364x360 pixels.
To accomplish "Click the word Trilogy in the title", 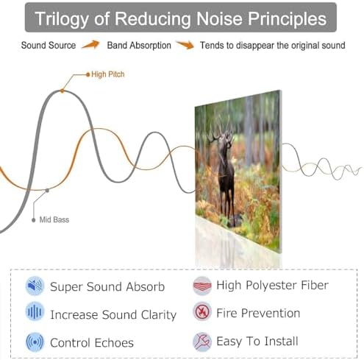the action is point(62,19).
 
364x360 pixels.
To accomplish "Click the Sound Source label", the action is point(49,46).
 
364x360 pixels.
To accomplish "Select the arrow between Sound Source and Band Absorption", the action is point(90,45).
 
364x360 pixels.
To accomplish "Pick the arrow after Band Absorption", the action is point(185,45).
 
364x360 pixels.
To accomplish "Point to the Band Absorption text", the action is point(139,46).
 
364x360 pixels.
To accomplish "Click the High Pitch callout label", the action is point(108,74).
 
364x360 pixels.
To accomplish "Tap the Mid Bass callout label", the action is point(54,219).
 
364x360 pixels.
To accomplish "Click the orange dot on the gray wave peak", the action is point(63,91).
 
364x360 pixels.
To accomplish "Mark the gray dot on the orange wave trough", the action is point(47,191).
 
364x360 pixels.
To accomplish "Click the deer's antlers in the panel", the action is point(221,130).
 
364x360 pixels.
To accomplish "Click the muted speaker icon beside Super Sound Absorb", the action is point(35,286).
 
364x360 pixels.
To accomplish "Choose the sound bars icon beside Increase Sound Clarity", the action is point(35,311).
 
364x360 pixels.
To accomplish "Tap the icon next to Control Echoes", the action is point(35,342).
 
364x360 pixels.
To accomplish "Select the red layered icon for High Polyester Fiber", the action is point(202,286).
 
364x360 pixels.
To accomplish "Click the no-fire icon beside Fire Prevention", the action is point(202,312).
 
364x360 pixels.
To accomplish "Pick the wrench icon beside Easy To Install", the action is point(202,342).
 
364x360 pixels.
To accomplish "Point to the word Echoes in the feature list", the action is point(113,342).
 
